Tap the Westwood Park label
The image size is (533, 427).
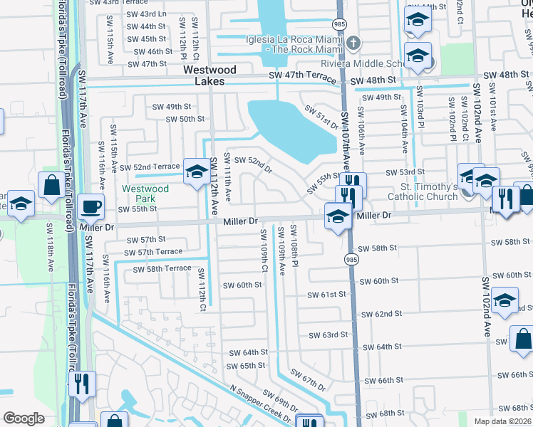tap(145, 194)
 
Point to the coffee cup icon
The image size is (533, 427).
tap(90, 207)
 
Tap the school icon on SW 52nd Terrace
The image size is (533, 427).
tap(197, 172)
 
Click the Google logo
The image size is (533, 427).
tap(24, 418)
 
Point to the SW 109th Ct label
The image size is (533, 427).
tap(264, 250)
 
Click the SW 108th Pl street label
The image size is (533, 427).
tap(294, 243)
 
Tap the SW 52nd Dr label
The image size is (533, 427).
tap(253, 164)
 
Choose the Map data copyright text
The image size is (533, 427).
tap(502, 421)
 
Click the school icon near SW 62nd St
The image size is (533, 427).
tap(504, 301)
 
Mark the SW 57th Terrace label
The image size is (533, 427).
tap(152, 253)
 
